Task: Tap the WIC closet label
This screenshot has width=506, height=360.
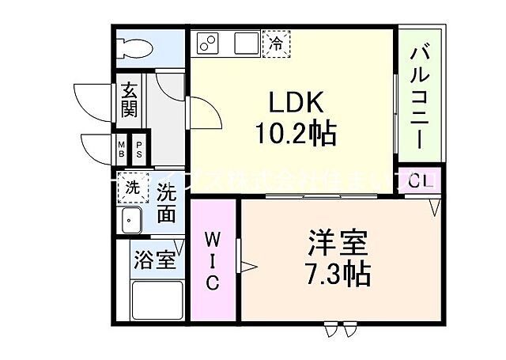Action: pyautogui.click(x=213, y=260)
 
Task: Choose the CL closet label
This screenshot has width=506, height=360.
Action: pyautogui.click(x=420, y=180)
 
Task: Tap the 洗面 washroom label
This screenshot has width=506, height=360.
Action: pyautogui.click(x=165, y=203)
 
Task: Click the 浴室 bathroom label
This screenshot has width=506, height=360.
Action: pyautogui.click(x=154, y=260)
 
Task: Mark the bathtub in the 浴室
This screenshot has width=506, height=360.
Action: pyautogui.click(x=157, y=301)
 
